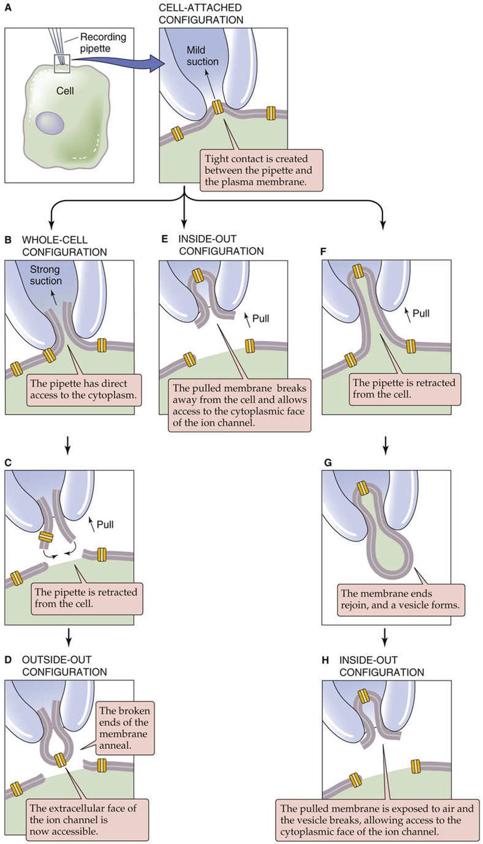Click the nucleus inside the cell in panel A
click(50, 123)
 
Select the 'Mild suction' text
click(202, 56)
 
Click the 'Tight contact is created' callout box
click(261, 170)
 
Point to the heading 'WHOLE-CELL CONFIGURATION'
click(64, 246)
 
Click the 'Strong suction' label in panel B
click(46, 275)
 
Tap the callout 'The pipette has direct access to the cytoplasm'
click(84, 389)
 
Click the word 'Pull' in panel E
click(260, 318)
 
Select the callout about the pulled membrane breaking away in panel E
click(239, 406)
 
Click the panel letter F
click(323, 251)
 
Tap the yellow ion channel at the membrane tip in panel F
click(357, 271)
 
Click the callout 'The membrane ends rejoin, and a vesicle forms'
click(400, 599)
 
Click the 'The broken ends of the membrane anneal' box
click(125, 728)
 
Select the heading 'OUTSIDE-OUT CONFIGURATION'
click(64, 666)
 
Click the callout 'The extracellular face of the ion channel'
click(83, 819)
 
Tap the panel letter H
click(325, 660)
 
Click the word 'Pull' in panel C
click(105, 524)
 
